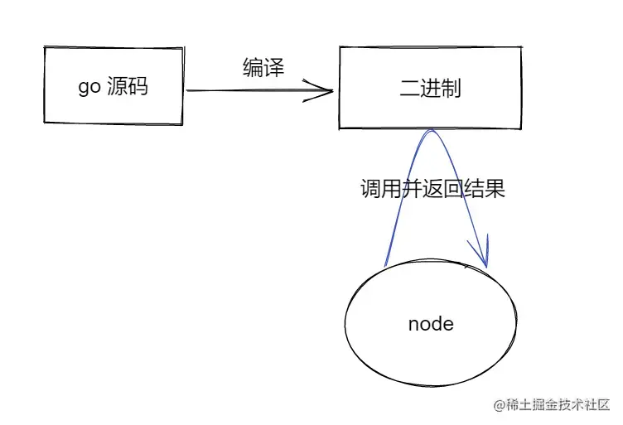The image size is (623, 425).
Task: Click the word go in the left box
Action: [x=89, y=87]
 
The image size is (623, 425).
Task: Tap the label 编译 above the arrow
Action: [x=263, y=67]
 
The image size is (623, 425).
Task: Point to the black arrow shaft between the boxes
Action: [x=249, y=91]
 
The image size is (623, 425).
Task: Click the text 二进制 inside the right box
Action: [x=430, y=89]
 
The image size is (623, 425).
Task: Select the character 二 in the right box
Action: [x=410, y=89]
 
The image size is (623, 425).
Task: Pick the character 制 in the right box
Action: [x=451, y=89]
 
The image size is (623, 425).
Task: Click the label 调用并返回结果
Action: [x=432, y=189]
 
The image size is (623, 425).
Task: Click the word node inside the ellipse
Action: [x=431, y=323]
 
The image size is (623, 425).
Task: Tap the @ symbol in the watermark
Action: [x=500, y=405]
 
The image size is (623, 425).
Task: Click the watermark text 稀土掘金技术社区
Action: [x=557, y=405]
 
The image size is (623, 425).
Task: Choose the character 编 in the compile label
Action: [x=254, y=67]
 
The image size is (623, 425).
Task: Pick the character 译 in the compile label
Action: [x=274, y=67]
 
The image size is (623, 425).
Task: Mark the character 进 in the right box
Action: [x=430, y=89]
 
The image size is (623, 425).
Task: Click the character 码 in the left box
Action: [x=138, y=86]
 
